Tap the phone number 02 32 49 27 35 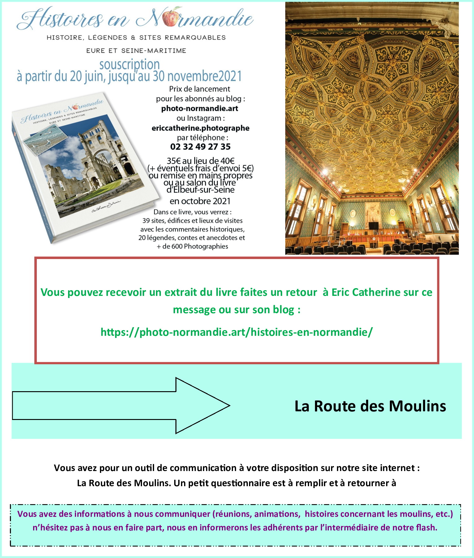200,147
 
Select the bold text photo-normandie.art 200,108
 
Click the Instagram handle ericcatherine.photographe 200,128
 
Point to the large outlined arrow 121,405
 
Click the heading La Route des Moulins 370,406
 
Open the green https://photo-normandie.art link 236,332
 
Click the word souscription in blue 129,64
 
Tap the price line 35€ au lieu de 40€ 200,161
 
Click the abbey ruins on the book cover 93,164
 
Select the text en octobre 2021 200,201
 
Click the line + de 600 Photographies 192,246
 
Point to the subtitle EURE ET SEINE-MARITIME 136,51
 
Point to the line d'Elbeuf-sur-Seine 200,190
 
